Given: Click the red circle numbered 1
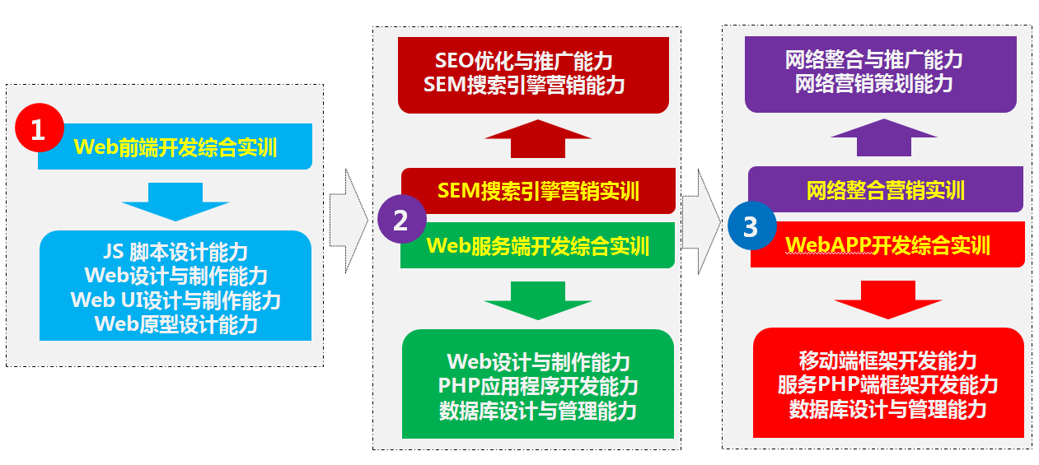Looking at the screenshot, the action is (40, 128).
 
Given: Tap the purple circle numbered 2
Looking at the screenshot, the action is (402, 219).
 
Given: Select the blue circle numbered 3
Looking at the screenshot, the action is (752, 226).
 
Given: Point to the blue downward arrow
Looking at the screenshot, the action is (176, 202).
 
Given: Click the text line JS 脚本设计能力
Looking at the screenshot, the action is (176, 252).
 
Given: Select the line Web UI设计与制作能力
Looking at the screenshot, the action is (176, 300).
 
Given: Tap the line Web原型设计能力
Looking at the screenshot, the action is (176, 324).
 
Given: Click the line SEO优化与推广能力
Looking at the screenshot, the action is (524, 61).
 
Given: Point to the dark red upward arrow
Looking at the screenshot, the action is (538, 138).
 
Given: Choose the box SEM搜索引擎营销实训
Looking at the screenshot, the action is (538, 190).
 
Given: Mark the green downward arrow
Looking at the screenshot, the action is (538, 300).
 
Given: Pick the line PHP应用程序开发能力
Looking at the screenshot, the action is (538, 386).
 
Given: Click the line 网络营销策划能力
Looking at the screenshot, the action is (874, 84).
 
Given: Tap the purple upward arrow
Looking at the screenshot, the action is (884, 137).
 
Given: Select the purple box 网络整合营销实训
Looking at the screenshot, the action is (886, 189).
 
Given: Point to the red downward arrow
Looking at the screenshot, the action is (888, 300).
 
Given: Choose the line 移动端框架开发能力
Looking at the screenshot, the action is (887, 360).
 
